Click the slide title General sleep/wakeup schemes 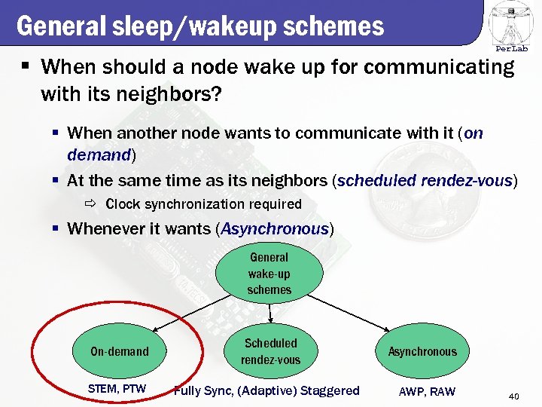(x=200, y=26)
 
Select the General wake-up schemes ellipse (x=269, y=274)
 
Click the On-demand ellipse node (x=120, y=351)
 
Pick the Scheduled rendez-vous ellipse (x=270, y=351)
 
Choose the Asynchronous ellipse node (x=422, y=351)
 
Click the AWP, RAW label (x=427, y=390)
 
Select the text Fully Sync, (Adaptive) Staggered (x=266, y=390)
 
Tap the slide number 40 (x=514, y=396)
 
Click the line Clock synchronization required (x=203, y=204)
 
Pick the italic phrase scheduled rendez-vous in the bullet (x=425, y=181)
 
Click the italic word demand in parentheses (x=99, y=155)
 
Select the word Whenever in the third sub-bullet (x=103, y=229)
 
